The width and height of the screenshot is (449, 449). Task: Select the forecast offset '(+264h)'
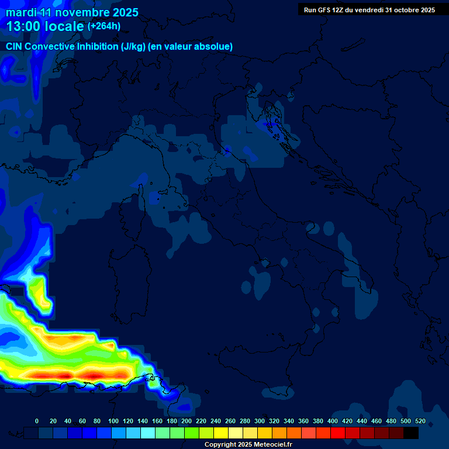pyautogui.click(x=104, y=26)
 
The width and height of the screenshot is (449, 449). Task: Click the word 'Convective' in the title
pyautogui.click(x=51, y=47)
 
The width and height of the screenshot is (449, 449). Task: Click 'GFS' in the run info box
pyautogui.click(x=323, y=10)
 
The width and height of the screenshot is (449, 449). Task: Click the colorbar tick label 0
pyautogui.click(x=37, y=421)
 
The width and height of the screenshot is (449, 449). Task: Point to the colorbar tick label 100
pyautogui.click(x=113, y=421)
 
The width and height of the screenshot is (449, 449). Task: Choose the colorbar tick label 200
pyautogui.click(x=186, y=421)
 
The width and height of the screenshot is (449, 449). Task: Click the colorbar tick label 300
pyautogui.click(x=260, y=421)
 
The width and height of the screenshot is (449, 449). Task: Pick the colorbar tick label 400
pyautogui.click(x=333, y=421)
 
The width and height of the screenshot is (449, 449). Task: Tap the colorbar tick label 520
pyautogui.click(x=420, y=421)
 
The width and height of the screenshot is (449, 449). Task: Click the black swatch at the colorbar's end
pyautogui.click(x=411, y=433)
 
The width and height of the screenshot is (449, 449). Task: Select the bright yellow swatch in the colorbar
pyautogui.click(x=221, y=433)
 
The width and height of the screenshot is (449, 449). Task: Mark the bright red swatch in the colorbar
pyautogui.click(x=338, y=433)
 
